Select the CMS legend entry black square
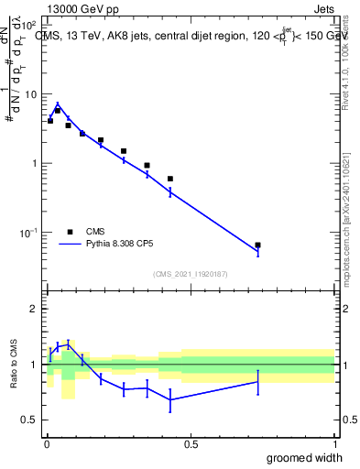(70, 232)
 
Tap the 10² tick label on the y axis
(29, 26)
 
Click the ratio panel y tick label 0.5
(31, 420)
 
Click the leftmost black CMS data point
(50, 120)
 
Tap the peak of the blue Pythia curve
(58, 104)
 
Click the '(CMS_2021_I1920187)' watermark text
(190, 273)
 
